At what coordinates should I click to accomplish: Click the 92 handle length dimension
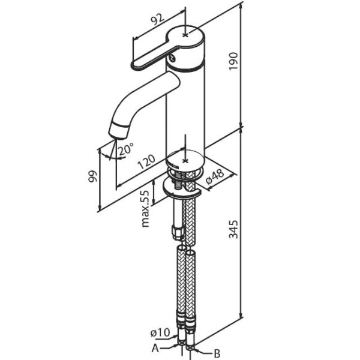(x=158, y=20)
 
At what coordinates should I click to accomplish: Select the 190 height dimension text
(x=234, y=62)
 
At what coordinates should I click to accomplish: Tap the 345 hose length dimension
(x=234, y=229)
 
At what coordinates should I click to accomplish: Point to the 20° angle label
(x=126, y=149)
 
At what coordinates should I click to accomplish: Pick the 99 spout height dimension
(x=93, y=176)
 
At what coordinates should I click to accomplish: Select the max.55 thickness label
(x=146, y=209)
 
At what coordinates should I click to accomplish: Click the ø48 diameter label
(x=215, y=177)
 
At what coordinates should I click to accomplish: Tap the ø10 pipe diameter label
(x=160, y=332)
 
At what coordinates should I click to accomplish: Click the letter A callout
(x=155, y=348)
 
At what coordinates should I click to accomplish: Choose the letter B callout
(x=217, y=353)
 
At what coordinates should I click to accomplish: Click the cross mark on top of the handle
(x=185, y=35)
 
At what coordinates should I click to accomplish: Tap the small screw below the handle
(x=172, y=58)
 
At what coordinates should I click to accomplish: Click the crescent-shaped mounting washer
(x=181, y=188)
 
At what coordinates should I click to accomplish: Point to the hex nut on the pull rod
(x=178, y=232)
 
